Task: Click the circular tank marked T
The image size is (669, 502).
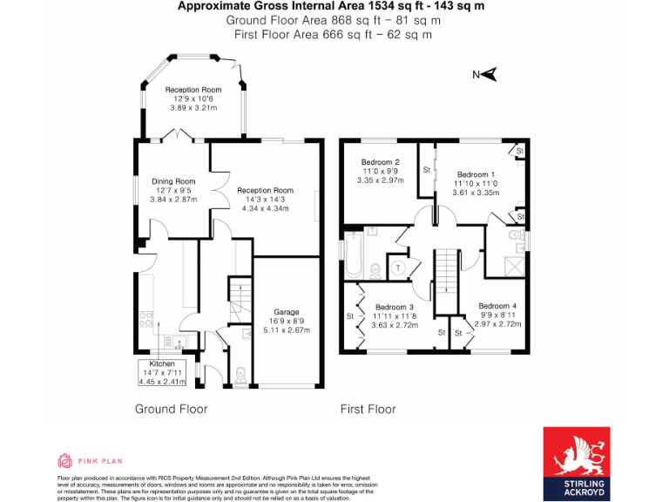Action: [x=399, y=268]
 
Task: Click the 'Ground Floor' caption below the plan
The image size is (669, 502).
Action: [x=171, y=409]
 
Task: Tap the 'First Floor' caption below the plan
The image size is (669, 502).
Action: [x=368, y=409]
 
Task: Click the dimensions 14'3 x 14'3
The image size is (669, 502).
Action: [x=266, y=200]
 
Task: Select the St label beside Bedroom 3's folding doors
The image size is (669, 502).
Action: [x=349, y=315]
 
